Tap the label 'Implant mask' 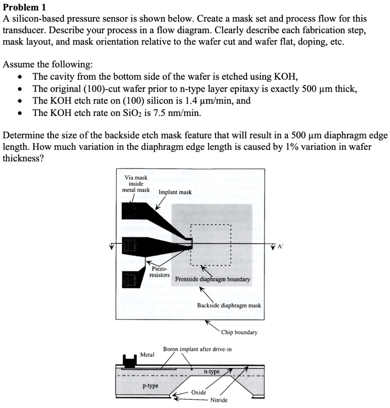click(x=175, y=192)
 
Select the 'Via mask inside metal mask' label click(x=136, y=184)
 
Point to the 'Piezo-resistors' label click(x=159, y=272)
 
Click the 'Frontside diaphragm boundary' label click(x=213, y=279)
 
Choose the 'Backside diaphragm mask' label click(x=229, y=306)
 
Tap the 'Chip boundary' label click(x=239, y=332)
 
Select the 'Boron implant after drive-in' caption click(x=197, y=349)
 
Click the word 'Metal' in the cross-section click(x=147, y=354)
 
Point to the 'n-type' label click(x=211, y=371)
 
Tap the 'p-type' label click(x=150, y=386)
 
